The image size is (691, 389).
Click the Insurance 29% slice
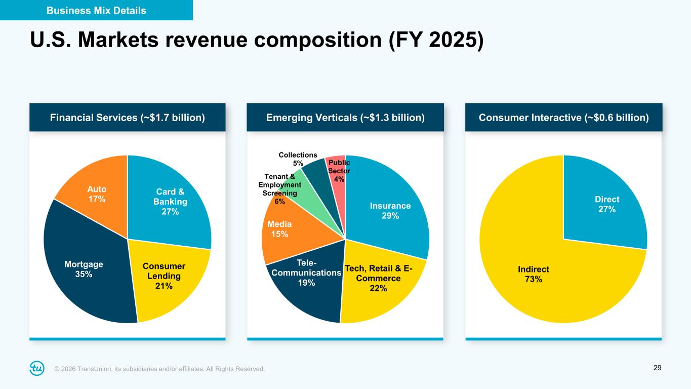tap(390, 210)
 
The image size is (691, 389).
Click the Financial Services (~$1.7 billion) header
tap(128, 118)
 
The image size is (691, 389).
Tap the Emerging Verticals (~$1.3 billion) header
tap(345, 118)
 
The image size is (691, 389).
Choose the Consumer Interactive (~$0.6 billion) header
tap(563, 118)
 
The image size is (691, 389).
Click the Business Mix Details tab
tap(96, 10)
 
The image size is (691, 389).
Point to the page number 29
tap(657, 368)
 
